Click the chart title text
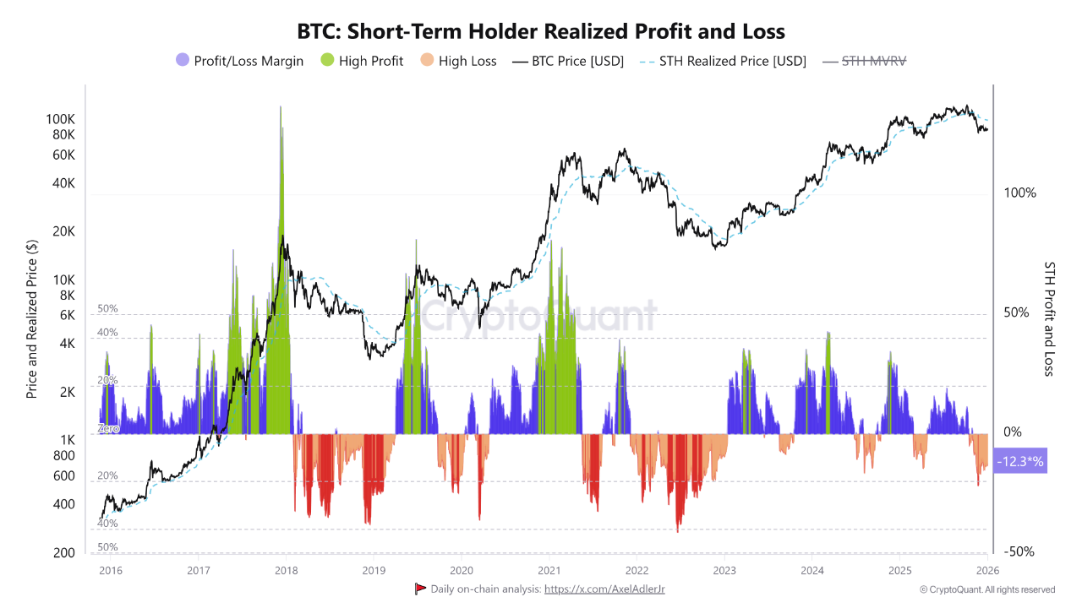[541, 32]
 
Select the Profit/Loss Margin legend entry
[239, 61]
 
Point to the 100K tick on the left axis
[61, 119]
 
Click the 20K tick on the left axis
[64, 231]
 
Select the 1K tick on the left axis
[68, 440]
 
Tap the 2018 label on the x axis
[286, 570]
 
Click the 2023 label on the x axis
[724, 570]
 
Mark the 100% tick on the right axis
[1019, 193]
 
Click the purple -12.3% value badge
[1020, 461]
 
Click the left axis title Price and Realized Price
[32, 319]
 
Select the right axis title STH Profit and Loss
[1049, 318]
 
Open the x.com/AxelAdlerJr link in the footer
[604, 589]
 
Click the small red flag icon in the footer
[420, 589]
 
